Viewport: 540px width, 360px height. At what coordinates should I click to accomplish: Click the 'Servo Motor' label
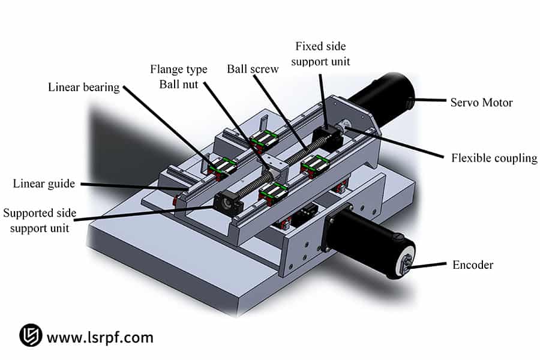pos(481,103)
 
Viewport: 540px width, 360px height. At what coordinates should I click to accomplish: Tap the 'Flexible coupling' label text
pos(494,158)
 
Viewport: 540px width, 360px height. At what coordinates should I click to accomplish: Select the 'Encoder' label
pos(473,265)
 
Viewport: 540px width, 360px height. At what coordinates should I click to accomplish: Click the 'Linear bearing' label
pos(84,88)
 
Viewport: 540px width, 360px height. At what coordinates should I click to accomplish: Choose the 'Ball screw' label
pos(253,69)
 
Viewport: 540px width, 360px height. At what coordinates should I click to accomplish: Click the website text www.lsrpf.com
pos(100,337)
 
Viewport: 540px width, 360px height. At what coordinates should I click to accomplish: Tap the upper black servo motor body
pos(381,96)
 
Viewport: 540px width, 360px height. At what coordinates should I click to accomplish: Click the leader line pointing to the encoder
pos(429,264)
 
